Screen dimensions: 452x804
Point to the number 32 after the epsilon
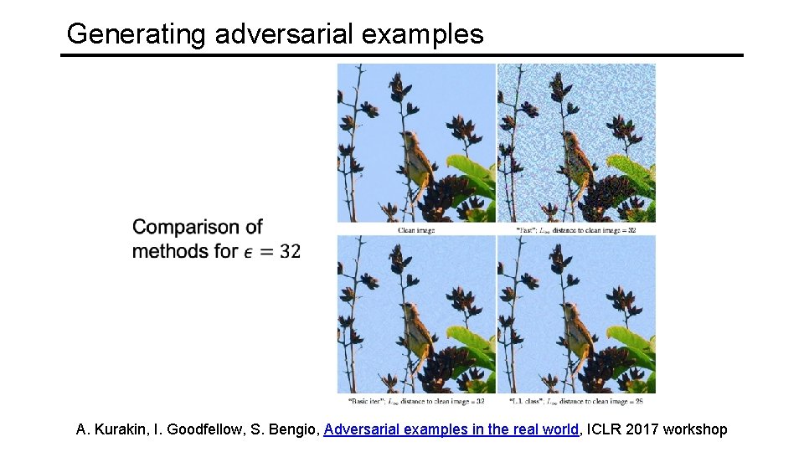point(290,250)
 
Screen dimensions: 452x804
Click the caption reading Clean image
point(417,229)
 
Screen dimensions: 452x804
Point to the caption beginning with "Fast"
point(576,229)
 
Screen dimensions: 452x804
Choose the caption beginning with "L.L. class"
point(576,401)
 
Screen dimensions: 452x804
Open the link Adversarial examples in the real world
point(451,430)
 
